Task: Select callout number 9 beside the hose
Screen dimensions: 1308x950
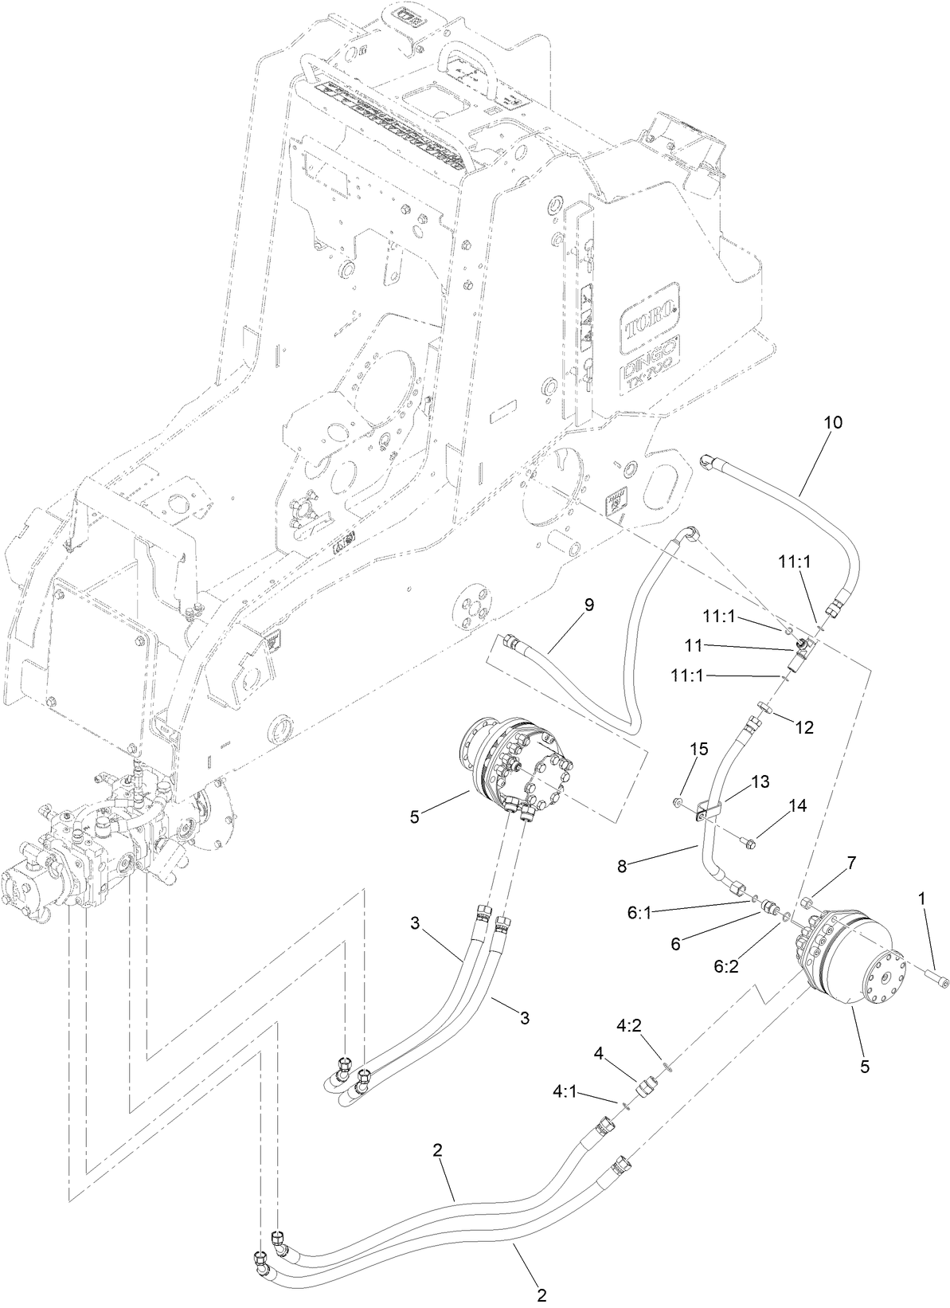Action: pos(588,605)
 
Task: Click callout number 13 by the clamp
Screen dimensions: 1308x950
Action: pos(760,782)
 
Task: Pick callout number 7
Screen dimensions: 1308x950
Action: pos(851,862)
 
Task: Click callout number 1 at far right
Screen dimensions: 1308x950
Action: pos(922,898)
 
